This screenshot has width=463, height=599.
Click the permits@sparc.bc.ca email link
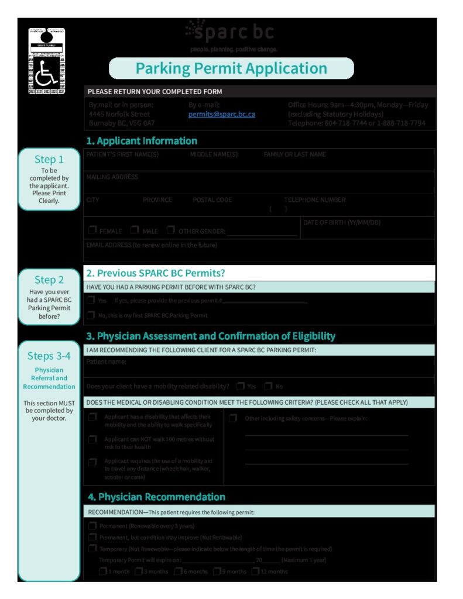221,115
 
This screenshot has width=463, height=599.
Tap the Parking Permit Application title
231,68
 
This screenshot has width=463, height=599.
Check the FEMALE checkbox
92,230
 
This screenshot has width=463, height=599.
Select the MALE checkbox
135,230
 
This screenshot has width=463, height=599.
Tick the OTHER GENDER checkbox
171,230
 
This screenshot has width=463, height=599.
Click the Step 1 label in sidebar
49,160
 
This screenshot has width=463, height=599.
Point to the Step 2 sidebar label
49,280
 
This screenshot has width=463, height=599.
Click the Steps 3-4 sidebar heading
49,356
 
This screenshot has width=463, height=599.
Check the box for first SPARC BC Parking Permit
91,315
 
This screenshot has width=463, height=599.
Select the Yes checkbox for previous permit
91,300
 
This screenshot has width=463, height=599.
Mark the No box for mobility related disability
268,386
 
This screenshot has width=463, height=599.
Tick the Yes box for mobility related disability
241,386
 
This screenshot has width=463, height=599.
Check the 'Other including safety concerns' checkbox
233,418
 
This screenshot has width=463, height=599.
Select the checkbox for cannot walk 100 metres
92,439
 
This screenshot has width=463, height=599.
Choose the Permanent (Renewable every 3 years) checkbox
92,526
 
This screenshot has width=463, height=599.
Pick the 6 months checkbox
177,572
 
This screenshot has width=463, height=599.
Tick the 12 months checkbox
255,572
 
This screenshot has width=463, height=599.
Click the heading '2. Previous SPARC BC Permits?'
155,273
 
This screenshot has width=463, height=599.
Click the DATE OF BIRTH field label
341,223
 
